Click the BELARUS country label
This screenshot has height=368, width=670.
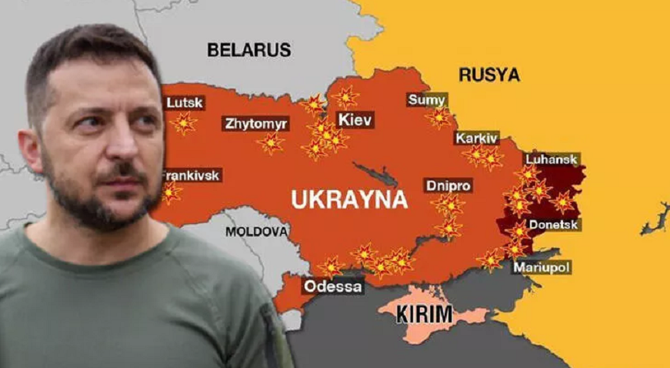(x=248, y=50)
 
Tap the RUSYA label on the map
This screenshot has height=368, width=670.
(x=488, y=75)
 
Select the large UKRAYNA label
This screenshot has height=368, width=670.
(x=348, y=199)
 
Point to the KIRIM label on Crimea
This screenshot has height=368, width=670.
(x=424, y=314)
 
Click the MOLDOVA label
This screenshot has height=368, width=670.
(x=257, y=232)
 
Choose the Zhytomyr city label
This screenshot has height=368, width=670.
(x=255, y=123)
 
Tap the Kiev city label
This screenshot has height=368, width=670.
(x=355, y=120)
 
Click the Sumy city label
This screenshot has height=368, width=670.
(x=427, y=99)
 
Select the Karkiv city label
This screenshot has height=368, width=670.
(x=477, y=139)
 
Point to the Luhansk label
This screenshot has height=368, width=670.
(x=551, y=159)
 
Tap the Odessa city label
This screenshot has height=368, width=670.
(x=333, y=286)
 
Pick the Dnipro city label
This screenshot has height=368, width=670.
(x=448, y=186)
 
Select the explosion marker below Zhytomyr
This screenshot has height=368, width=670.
(x=270, y=143)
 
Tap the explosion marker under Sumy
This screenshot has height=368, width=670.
(x=439, y=117)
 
